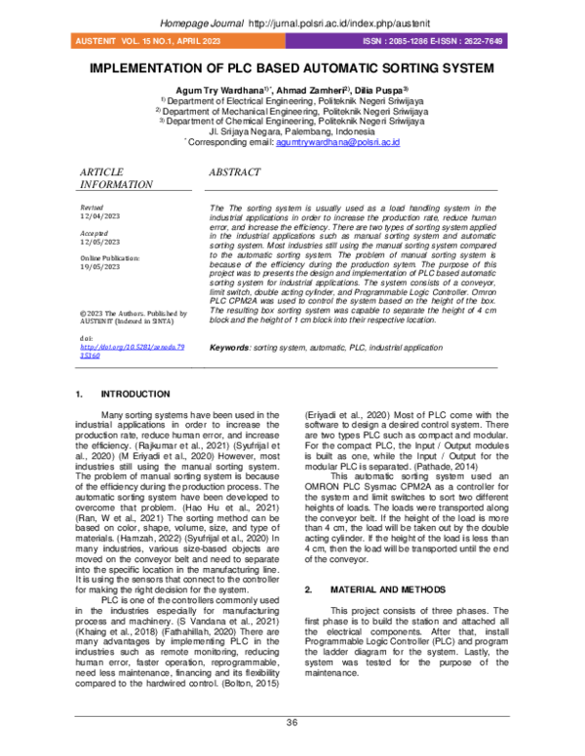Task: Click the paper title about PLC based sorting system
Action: click(292, 70)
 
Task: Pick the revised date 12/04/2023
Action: click(99, 217)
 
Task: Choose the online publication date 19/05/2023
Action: click(99, 268)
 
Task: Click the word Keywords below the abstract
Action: click(230, 347)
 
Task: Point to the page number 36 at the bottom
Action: click(292, 722)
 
